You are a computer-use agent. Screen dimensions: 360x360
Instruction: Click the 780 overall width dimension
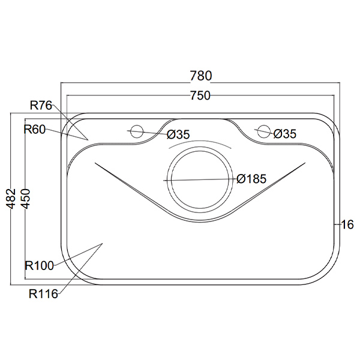pos(201,76)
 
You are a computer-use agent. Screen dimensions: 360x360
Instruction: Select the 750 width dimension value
pos(200,95)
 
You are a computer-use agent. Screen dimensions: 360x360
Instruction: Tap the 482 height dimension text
pos(11,199)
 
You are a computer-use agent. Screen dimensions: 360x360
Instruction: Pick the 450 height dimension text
pos(25,199)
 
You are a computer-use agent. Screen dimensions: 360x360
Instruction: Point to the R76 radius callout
pos(41,106)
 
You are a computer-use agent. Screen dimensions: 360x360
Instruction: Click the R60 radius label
pos(35,130)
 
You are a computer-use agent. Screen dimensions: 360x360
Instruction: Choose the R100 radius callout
pos(39,266)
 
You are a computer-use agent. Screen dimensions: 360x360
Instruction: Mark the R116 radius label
pos(43,293)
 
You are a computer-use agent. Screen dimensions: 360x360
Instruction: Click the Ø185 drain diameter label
pos(251,179)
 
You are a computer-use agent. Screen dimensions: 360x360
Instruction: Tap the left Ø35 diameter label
pos(178,134)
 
